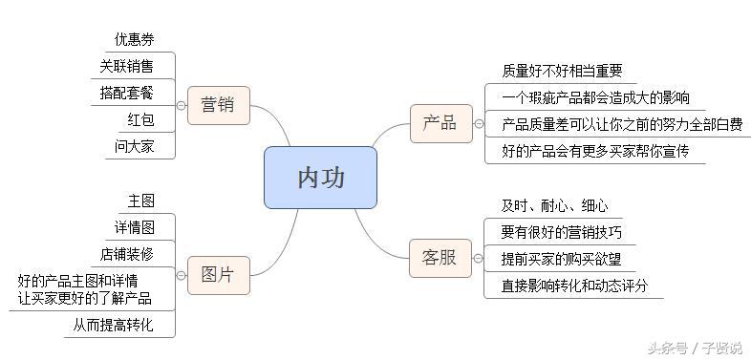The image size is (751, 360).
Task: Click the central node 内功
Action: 320,178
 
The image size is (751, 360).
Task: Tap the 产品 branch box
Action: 440,123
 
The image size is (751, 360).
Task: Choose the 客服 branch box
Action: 440,258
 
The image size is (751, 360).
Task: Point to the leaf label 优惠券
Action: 134,39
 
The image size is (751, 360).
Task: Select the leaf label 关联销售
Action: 126,66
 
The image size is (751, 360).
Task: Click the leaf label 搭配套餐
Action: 126,93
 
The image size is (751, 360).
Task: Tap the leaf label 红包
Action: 140,119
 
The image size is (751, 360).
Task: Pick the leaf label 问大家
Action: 134,146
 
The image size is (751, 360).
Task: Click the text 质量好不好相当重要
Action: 562,71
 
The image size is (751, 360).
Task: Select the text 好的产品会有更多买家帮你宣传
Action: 595,151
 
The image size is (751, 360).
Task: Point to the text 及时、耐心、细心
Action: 554,205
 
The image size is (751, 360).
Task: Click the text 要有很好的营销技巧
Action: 562,232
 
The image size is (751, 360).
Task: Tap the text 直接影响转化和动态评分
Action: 575,286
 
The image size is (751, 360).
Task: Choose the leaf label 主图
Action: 140,201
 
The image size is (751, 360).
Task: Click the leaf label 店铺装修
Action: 126,254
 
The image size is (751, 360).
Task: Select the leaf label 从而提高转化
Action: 112,325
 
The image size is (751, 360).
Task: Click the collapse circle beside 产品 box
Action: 479,124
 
